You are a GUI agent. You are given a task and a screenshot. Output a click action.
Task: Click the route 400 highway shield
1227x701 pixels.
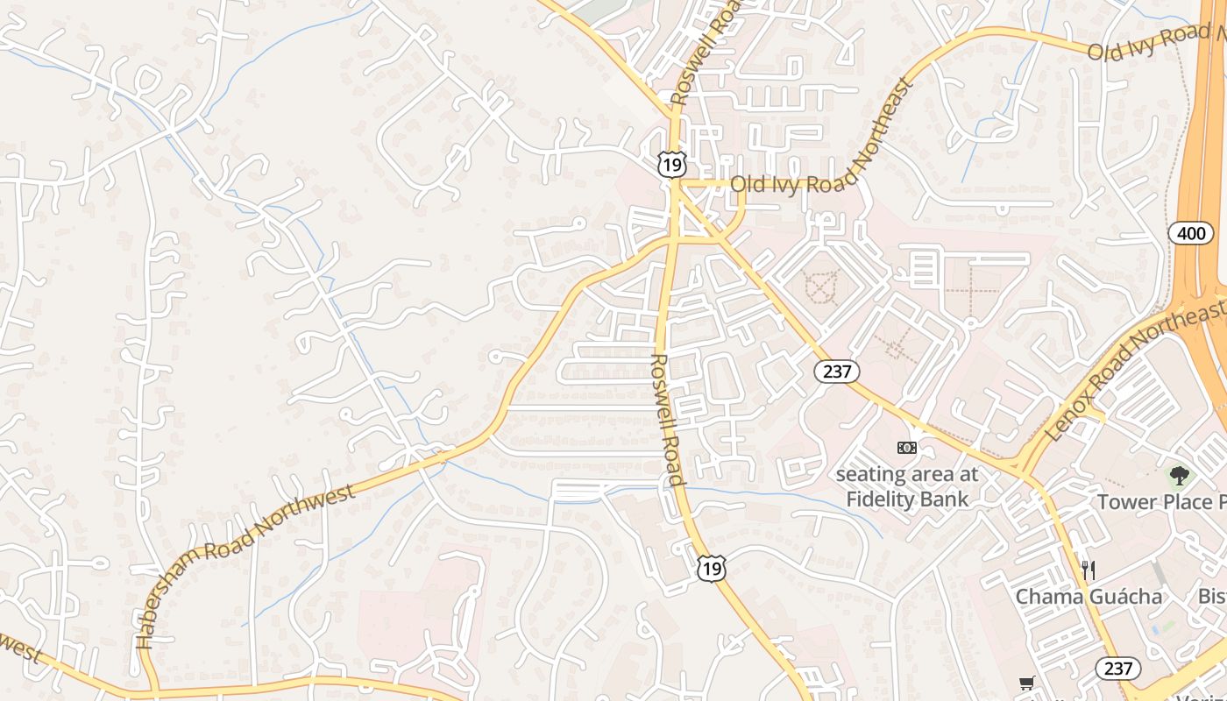(1190, 233)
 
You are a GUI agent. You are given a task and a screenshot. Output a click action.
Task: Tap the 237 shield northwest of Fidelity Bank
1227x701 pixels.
(837, 371)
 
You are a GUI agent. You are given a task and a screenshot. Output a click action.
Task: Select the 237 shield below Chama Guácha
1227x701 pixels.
(1118, 669)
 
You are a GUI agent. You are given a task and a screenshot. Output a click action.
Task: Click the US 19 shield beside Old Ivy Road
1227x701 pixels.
(672, 163)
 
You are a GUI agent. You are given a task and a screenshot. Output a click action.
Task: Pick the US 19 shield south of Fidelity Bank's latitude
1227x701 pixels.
(712, 569)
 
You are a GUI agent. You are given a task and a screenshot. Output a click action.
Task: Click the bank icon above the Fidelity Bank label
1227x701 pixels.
(906, 448)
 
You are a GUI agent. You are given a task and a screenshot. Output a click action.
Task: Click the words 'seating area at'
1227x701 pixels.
(906, 475)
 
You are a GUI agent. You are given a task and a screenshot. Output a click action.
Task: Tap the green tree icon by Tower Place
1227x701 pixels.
(1179, 476)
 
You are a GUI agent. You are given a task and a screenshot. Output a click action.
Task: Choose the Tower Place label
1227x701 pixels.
(1161, 502)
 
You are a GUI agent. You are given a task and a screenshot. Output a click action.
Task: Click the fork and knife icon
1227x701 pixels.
(1088, 570)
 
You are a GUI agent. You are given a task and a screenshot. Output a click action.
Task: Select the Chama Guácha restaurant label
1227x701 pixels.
(1089, 597)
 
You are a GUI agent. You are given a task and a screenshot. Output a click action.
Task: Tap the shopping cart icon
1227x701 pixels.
(1026, 683)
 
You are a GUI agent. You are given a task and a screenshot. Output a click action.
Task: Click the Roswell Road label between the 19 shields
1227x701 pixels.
(667, 419)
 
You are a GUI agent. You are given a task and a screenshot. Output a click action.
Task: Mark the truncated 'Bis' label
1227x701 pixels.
(1212, 597)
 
